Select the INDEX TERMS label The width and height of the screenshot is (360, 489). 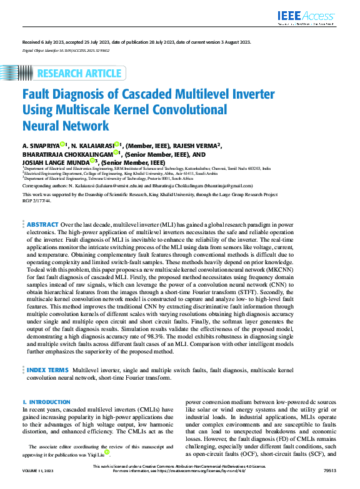coord(49,353)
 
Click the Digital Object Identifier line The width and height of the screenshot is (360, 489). coord(61,49)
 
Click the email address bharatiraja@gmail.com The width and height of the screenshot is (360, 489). coord(226,186)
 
